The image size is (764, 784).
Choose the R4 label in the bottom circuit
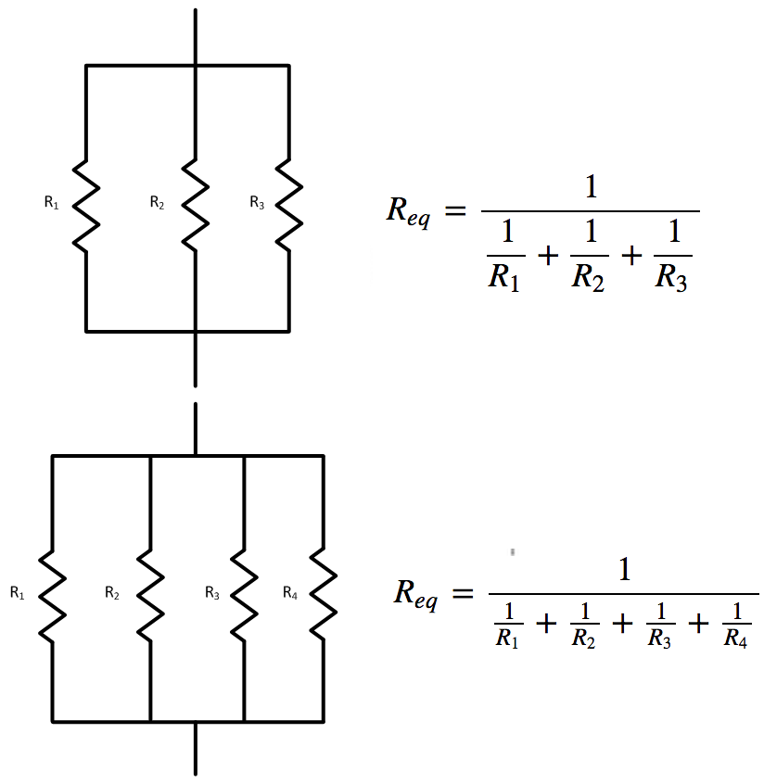(x=290, y=593)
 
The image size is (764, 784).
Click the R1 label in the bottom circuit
(x=18, y=593)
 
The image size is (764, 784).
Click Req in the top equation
(x=408, y=212)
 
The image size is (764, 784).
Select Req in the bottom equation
(x=414, y=594)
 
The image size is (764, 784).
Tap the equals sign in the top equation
(x=453, y=212)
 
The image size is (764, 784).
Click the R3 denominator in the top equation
(x=670, y=276)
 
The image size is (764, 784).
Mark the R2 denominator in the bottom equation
(x=583, y=639)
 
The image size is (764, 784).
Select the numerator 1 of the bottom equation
(x=624, y=569)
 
